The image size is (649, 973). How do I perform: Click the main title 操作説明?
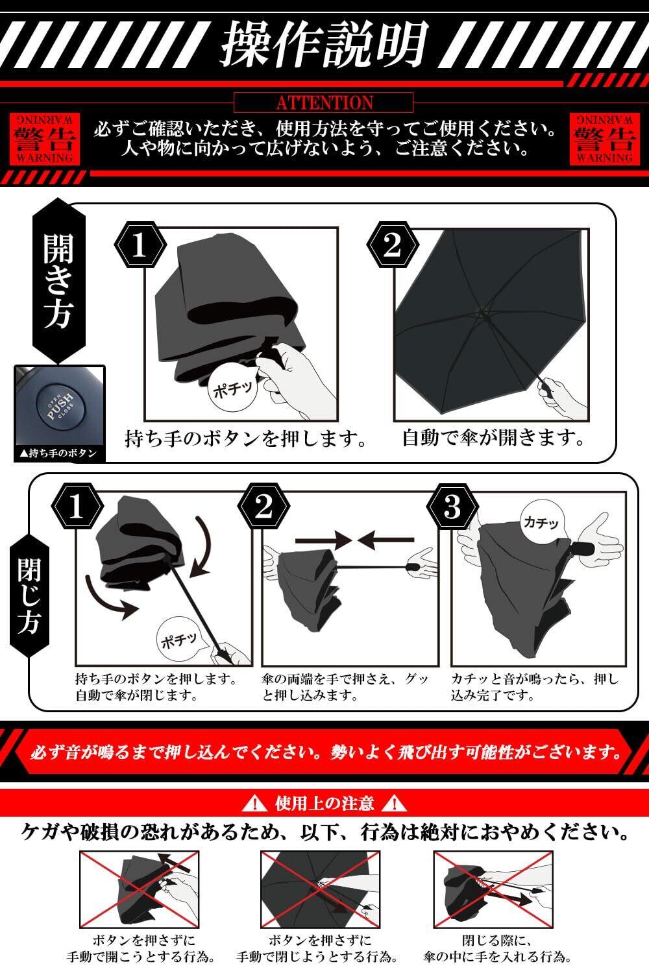pyautogui.click(x=324, y=44)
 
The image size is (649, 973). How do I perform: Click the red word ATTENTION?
pyautogui.click(x=324, y=102)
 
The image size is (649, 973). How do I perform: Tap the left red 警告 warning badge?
pyautogui.click(x=45, y=139)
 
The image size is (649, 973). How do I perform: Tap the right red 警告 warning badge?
pyautogui.click(x=605, y=139)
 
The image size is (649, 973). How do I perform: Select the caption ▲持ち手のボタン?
pyautogui.click(x=58, y=453)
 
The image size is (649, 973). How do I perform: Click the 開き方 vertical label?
pyautogui.click(x=58, y=281)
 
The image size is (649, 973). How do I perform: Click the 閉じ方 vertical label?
pyautogui.click(x=29, y=595)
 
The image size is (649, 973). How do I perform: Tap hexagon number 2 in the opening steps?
pyautogui.click(x=393, y=245)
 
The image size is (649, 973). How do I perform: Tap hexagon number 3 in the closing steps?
pyautogui.click(x=452, y=507)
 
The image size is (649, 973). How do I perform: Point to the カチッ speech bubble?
pyautogui.click(x=541, y=522)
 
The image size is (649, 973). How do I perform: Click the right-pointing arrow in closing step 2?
pyautogui.click(x=323, y=541)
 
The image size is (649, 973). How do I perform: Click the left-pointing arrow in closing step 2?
pyautogui.click(x=386, y=541)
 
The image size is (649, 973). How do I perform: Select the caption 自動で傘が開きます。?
pyautogui.click(x=493, y=438)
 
